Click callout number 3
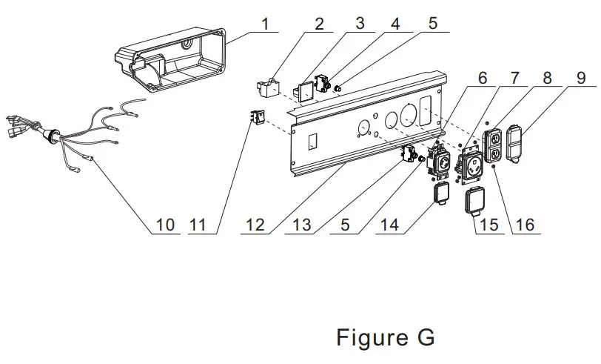pos(360,23)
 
